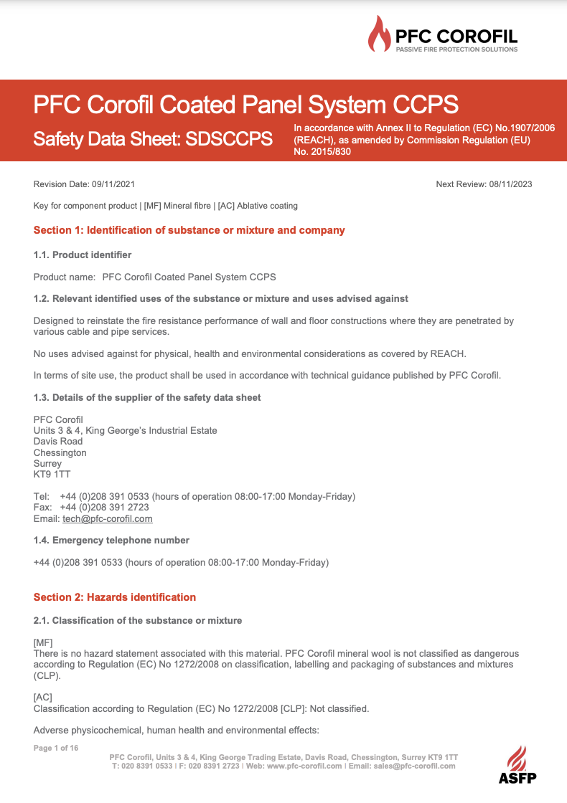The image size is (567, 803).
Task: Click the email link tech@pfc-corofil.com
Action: (x=108, y=518)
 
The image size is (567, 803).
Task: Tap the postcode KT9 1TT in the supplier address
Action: (x=52, y=474)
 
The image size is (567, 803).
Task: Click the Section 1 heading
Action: (x=189, y=230)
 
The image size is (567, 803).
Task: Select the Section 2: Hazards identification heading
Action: (x=115, y=597)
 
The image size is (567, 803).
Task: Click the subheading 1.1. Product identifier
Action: (x=83, y=255)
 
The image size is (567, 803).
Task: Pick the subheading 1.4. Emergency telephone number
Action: (x=112, y=540)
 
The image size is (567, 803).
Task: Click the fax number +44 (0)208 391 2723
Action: (x=105, y=507)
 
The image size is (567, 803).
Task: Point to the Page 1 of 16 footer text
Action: (x=56, y=748)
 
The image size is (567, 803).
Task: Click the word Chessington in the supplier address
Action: (x=60, y=452)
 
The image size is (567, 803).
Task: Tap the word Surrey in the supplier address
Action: (x=47, y=463)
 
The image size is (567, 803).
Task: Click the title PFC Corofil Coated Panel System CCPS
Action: (x=246, y=105)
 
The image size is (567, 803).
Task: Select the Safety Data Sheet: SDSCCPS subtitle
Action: (x=153, y=138)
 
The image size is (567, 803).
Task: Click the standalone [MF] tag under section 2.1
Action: (x=43, y=642)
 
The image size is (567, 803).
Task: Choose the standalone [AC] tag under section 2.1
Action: (x=43, y=698)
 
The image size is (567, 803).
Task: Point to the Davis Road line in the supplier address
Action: (x=58, y=441)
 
